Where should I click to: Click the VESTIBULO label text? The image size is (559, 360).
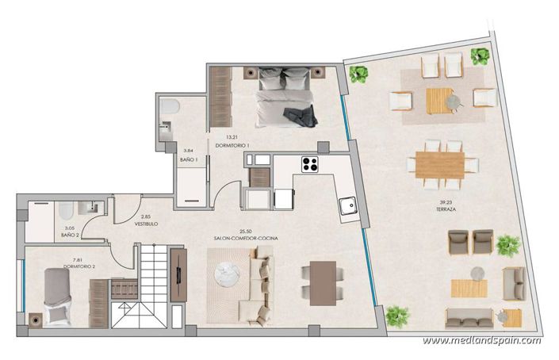(146, 224)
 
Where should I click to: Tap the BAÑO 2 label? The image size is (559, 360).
(71, 236)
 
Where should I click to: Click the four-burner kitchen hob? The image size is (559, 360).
(309, 165)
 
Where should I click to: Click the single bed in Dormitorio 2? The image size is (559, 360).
(57, 295)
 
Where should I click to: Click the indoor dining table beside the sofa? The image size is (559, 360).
(322, 282)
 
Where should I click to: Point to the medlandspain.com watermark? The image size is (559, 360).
(482, 341)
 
